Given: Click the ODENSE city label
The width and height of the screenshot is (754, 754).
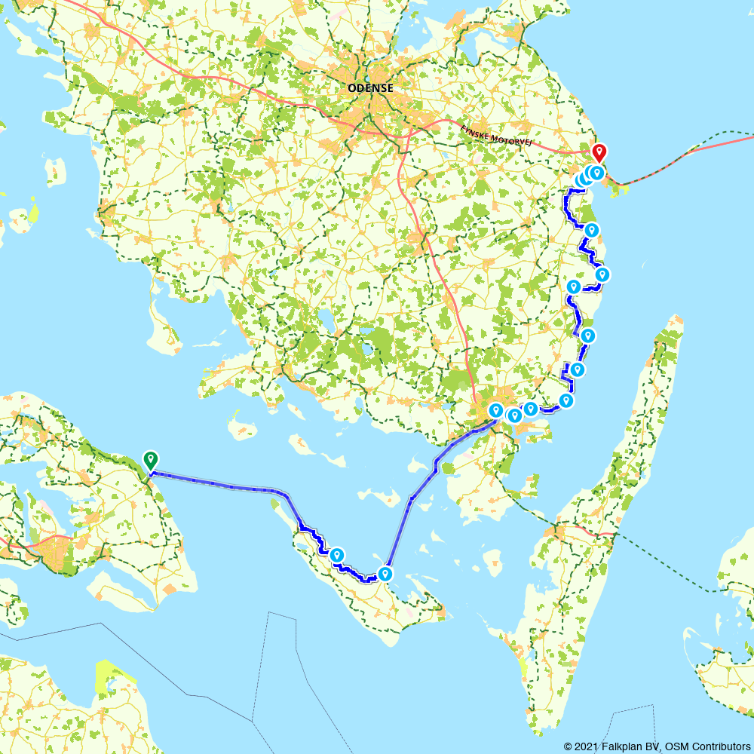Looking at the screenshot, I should pos(370,88).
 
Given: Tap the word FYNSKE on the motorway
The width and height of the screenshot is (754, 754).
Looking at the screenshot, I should pos(477,132).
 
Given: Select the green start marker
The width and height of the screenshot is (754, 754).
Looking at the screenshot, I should pos(151,458).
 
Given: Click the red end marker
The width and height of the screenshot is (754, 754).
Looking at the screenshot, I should pos(599,152).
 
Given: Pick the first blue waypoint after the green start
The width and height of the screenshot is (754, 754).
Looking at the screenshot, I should pos(337,555).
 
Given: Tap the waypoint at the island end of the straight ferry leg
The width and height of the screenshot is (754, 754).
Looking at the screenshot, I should pos(385,574).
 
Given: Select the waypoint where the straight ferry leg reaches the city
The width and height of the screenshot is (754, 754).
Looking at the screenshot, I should pos(496,410).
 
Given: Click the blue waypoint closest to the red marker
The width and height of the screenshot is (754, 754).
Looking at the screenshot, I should pos(596,173).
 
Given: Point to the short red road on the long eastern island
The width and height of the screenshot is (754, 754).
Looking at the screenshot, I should pos(603,534).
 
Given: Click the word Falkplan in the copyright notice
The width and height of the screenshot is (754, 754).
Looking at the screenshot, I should pos(620,746).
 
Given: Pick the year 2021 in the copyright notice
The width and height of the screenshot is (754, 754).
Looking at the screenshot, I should pos(584,746).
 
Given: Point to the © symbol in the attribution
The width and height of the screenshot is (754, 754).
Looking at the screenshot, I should pos(567,746).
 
